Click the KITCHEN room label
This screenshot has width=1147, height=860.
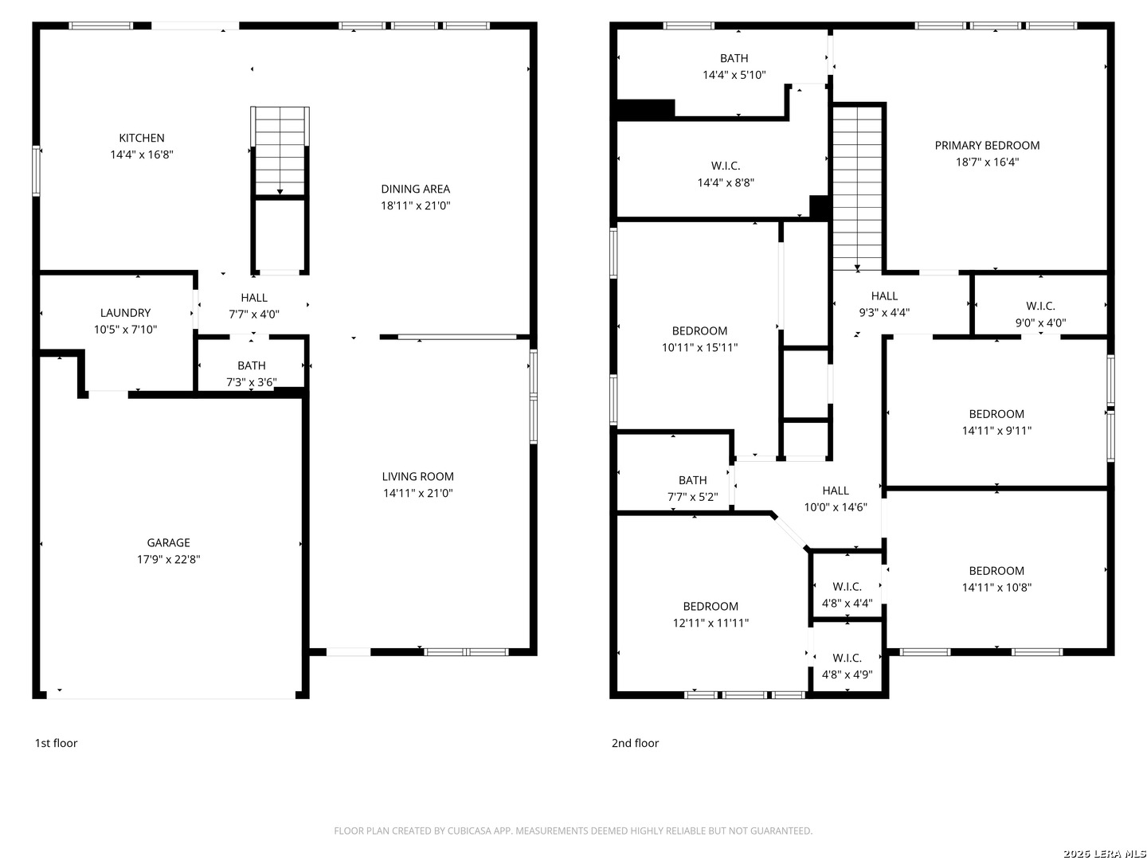pyautogui.click(x=142, y=138)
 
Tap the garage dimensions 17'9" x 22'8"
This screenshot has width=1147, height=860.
pyautogui.click(x=168, y=559)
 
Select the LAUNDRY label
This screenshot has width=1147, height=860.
pyautogui.click(x=125, y=313)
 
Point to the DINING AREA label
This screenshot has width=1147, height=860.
pyautogui.click(x=416, y=189)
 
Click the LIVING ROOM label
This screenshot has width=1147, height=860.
pyautogui.click(x=417, y=476)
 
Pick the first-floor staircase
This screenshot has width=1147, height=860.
pyautogui.click(x=280, y=151)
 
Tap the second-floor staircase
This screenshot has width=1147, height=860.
pyautogui.click(x=857, y=188)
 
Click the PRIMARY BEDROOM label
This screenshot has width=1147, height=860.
pyautogui.click(x=987, y=145)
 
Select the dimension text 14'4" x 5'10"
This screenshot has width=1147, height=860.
pyautogui.click(x=734, y=75)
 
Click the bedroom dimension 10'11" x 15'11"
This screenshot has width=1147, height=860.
pyautogui.click(x=699, y=347)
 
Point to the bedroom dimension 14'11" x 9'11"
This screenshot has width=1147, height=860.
pyautogui.click(x=996, y=431)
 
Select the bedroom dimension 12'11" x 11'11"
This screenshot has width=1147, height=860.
pyautogui.click(x=711, y=623)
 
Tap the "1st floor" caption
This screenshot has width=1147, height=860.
pyautogui.click(x=56, y=743)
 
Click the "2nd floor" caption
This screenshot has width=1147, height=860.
pyautogui.click(x=635, y=743)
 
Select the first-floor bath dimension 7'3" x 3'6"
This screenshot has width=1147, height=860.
pyautogui.click(x=252, y=382)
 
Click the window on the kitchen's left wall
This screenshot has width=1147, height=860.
pyautogui.click(x=36, y=170)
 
